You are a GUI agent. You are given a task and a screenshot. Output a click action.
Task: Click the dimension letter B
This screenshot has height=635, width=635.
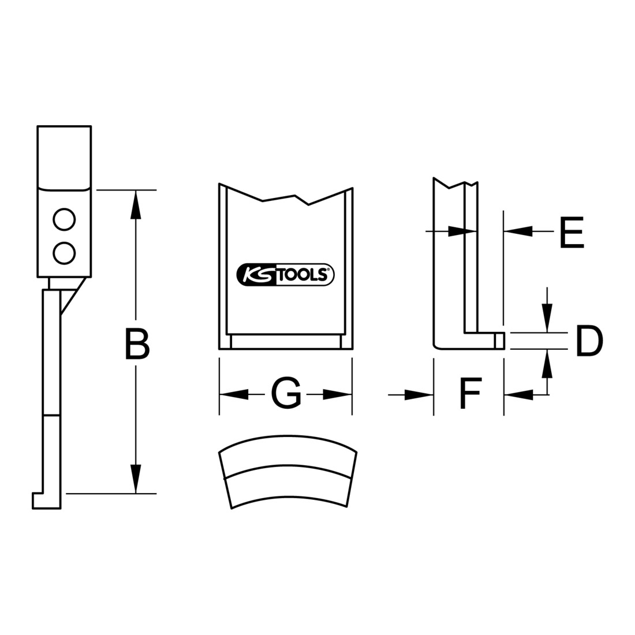point(137,345)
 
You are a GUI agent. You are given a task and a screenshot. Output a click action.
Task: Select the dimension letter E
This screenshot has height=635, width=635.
point(571,232)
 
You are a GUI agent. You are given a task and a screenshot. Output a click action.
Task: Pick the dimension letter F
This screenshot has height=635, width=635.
point(470,393)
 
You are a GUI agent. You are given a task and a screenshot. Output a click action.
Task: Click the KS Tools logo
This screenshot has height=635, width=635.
point(286,274)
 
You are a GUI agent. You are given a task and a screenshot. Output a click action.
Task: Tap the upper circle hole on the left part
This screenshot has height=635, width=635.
point(65,219)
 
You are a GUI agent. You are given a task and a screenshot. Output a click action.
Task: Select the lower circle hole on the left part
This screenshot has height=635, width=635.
point(65,253)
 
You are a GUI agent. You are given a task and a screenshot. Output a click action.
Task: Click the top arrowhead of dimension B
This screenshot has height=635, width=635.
point(136,205)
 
